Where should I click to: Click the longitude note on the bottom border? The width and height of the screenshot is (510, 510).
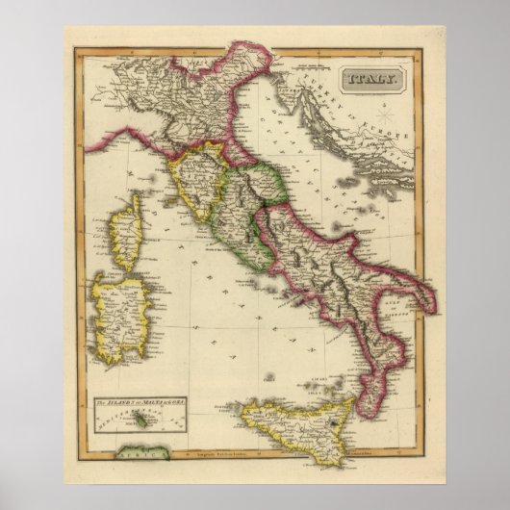269,464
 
